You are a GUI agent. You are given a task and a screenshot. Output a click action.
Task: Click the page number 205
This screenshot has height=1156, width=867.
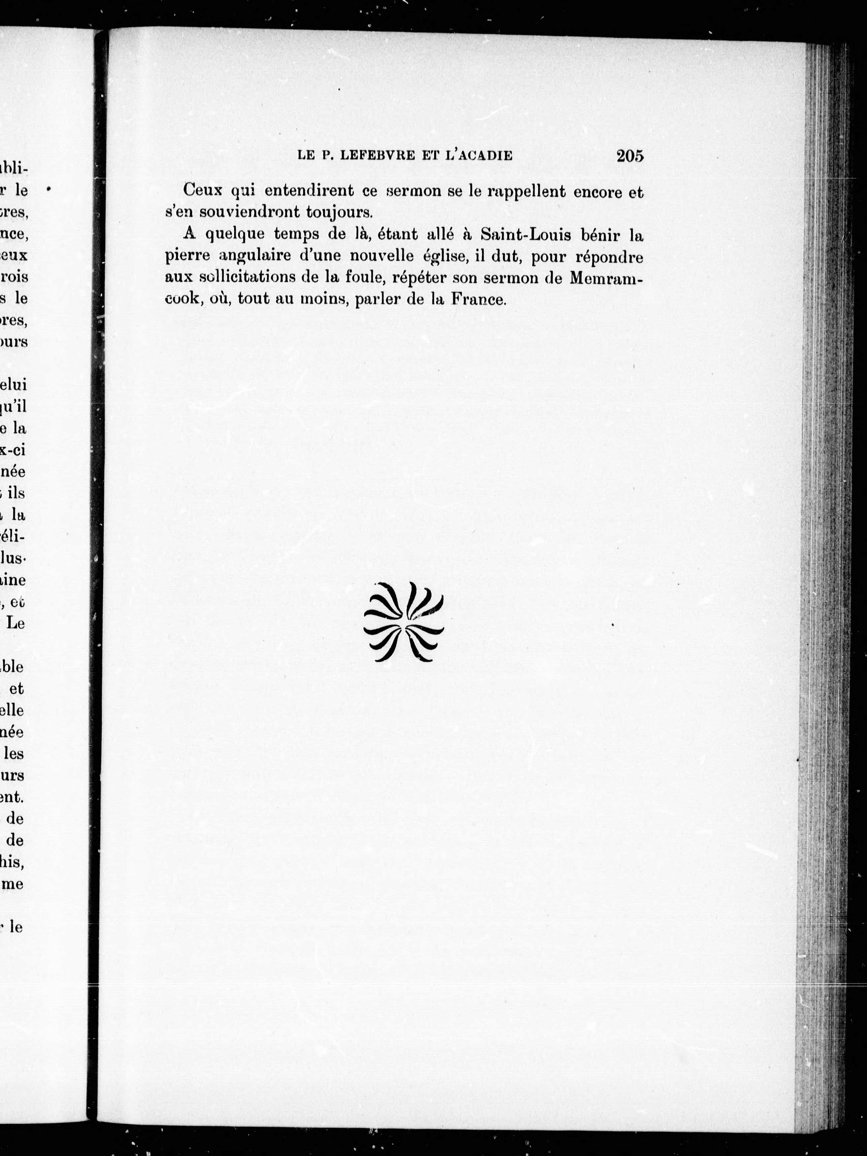630,156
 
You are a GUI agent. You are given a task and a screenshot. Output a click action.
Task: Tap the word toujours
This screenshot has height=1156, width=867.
339,213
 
